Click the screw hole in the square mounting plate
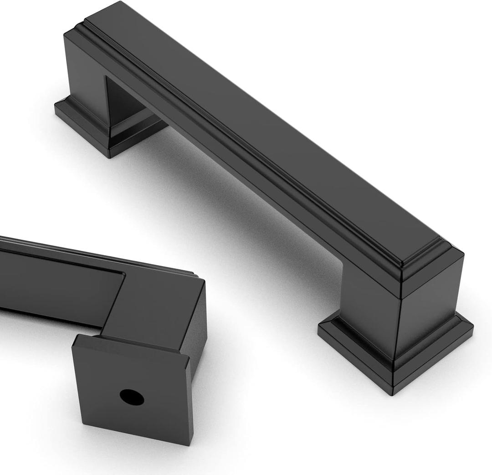click(132, 398)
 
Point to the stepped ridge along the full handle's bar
click(255, 150)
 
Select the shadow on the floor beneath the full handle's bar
click(255, 219)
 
